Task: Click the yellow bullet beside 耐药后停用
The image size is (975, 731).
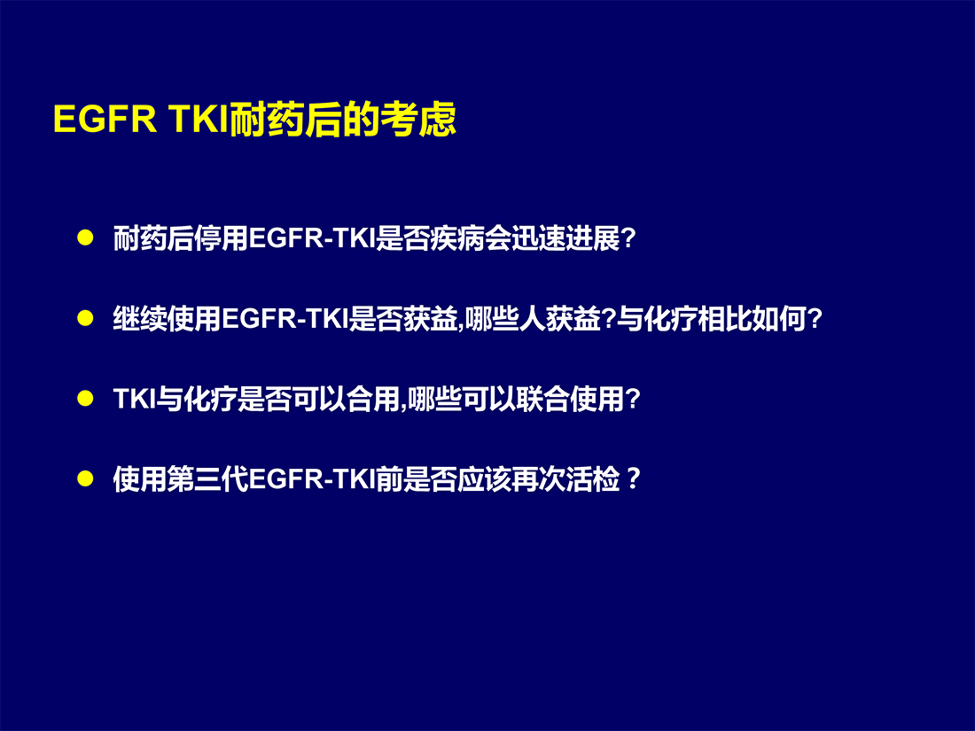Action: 85,237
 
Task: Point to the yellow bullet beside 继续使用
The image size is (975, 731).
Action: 85,317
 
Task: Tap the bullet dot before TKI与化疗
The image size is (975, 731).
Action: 85,398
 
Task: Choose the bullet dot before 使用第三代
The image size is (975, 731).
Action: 85,478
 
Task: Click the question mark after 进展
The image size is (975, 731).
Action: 628,238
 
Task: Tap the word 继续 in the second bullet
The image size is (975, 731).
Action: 140,318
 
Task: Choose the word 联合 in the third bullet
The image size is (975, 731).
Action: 542,399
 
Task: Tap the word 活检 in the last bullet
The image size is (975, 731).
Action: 593,478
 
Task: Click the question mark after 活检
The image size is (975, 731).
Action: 633,478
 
